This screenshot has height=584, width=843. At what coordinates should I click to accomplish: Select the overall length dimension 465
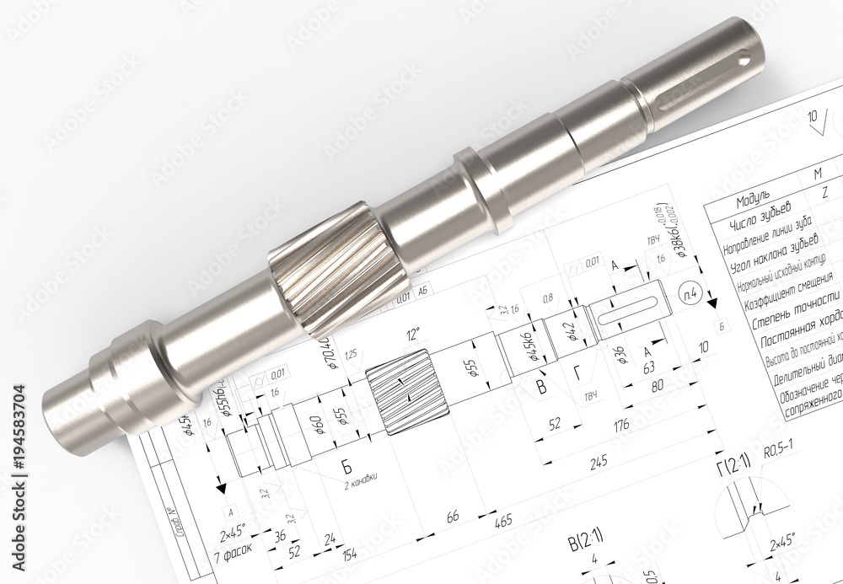pyautogui.click(x=502, y=522)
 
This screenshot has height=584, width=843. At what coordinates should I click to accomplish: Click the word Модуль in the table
pyautogui.click(x=753, y=202)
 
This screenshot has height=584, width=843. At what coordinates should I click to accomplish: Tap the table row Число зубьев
pyautogui.click(x=760, y=216)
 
